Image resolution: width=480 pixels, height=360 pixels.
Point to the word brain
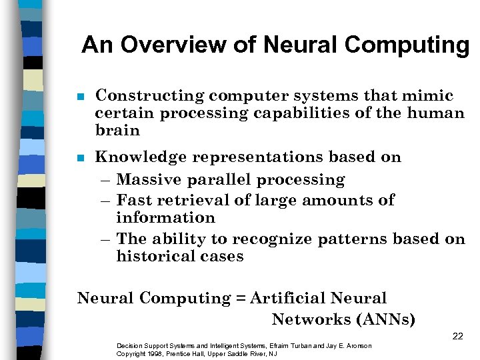click(x=117, y=130)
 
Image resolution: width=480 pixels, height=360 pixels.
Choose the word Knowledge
click(x=141, y=157)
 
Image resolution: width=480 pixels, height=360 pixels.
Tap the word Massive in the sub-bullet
click(x=150, y=180)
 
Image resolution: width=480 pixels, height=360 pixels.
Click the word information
click(x=165, y=218)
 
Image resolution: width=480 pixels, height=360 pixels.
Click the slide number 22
click(x=457, y=336)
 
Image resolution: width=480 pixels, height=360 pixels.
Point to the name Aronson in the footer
click(x=357, y=345)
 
